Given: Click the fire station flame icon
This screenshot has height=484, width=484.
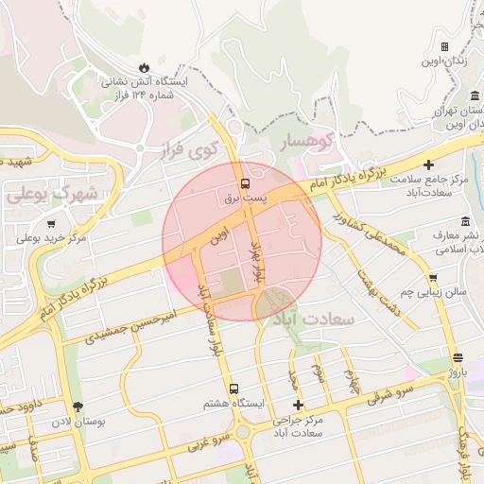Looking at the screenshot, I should click(144, 67).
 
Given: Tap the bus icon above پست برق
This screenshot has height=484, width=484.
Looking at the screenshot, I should click(245, 183).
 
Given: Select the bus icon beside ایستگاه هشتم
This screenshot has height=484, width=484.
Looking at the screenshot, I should click(233, 389).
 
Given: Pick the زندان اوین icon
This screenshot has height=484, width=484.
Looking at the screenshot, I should click(444, 46).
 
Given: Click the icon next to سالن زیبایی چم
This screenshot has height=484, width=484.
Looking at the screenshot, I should click(433, 278).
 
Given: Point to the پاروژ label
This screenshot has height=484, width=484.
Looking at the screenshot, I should click(458, 372).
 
